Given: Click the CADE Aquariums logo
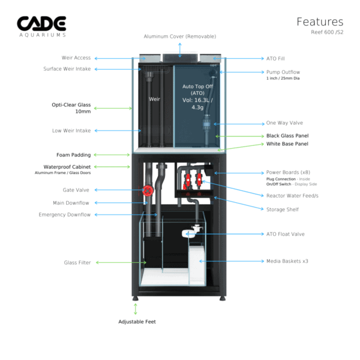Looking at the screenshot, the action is pos(41,26).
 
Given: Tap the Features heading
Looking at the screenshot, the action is pos(320,22).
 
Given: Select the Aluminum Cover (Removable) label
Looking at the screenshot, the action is pos(180,36).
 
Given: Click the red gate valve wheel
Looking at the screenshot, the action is pos(148,191).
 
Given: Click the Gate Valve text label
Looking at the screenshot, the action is pos(76,190).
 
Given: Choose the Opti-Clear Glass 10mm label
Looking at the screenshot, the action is pos(71,108).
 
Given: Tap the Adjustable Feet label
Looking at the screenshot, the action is pos(137,322).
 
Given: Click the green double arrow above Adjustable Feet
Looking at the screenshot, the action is pos(136,309).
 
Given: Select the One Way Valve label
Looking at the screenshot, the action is pos(284,123).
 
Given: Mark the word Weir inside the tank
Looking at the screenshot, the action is pos(154,99).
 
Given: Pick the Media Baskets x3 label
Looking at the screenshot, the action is pos(287,261).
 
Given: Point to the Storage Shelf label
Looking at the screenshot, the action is pos(283,209).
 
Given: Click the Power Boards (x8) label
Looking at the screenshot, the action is pos(288,172).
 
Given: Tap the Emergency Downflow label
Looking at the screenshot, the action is pos(65,215).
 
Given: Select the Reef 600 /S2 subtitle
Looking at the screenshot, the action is pos(327,32).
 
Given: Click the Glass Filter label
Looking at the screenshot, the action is pos(77,262).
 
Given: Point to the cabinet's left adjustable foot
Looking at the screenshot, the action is pos(136,298).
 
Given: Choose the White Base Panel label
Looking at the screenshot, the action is pos(287,144).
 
